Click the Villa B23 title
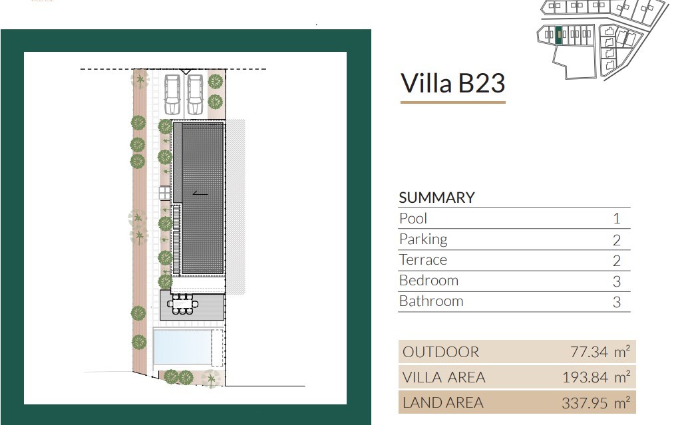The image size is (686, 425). (453, 83)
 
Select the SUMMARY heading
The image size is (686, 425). (436, 198)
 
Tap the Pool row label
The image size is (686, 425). (413, 218)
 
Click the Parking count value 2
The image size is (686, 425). (616, 239)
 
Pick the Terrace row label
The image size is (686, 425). (423, 259)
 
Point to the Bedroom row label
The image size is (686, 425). (429, 280)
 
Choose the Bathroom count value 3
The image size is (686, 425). (616, 302)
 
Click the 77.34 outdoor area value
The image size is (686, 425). (589, 352)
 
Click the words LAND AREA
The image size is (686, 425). (442, 402)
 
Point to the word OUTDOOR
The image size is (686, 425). (440, 352)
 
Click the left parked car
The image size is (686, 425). (172, 94)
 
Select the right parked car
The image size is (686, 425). (195, 94)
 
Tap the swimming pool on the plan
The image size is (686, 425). (182, 347)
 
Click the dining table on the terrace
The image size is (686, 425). (182, 304)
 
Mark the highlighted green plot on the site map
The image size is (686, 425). (559, 35)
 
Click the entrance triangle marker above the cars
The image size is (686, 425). (186, 71)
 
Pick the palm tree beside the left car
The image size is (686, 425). (140, 80)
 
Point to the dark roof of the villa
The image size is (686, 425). (202, 198)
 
